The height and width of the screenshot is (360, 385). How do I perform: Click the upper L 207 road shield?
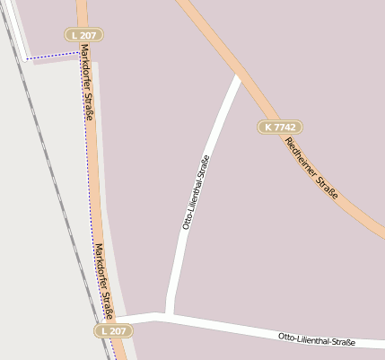coord(85,34)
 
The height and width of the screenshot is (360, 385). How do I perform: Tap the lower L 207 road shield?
coord(114,330)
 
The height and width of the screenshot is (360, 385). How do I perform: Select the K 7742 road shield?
coord(280,127)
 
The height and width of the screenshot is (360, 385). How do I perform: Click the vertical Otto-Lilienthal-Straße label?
coord(197,193)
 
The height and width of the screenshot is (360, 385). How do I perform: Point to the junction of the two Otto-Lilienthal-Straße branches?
coord(167,315)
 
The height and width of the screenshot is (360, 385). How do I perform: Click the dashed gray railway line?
coord(54,180)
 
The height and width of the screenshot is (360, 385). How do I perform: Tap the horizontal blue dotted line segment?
coord(54,56)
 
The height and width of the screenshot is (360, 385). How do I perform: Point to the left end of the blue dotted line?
coord(27,58)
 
